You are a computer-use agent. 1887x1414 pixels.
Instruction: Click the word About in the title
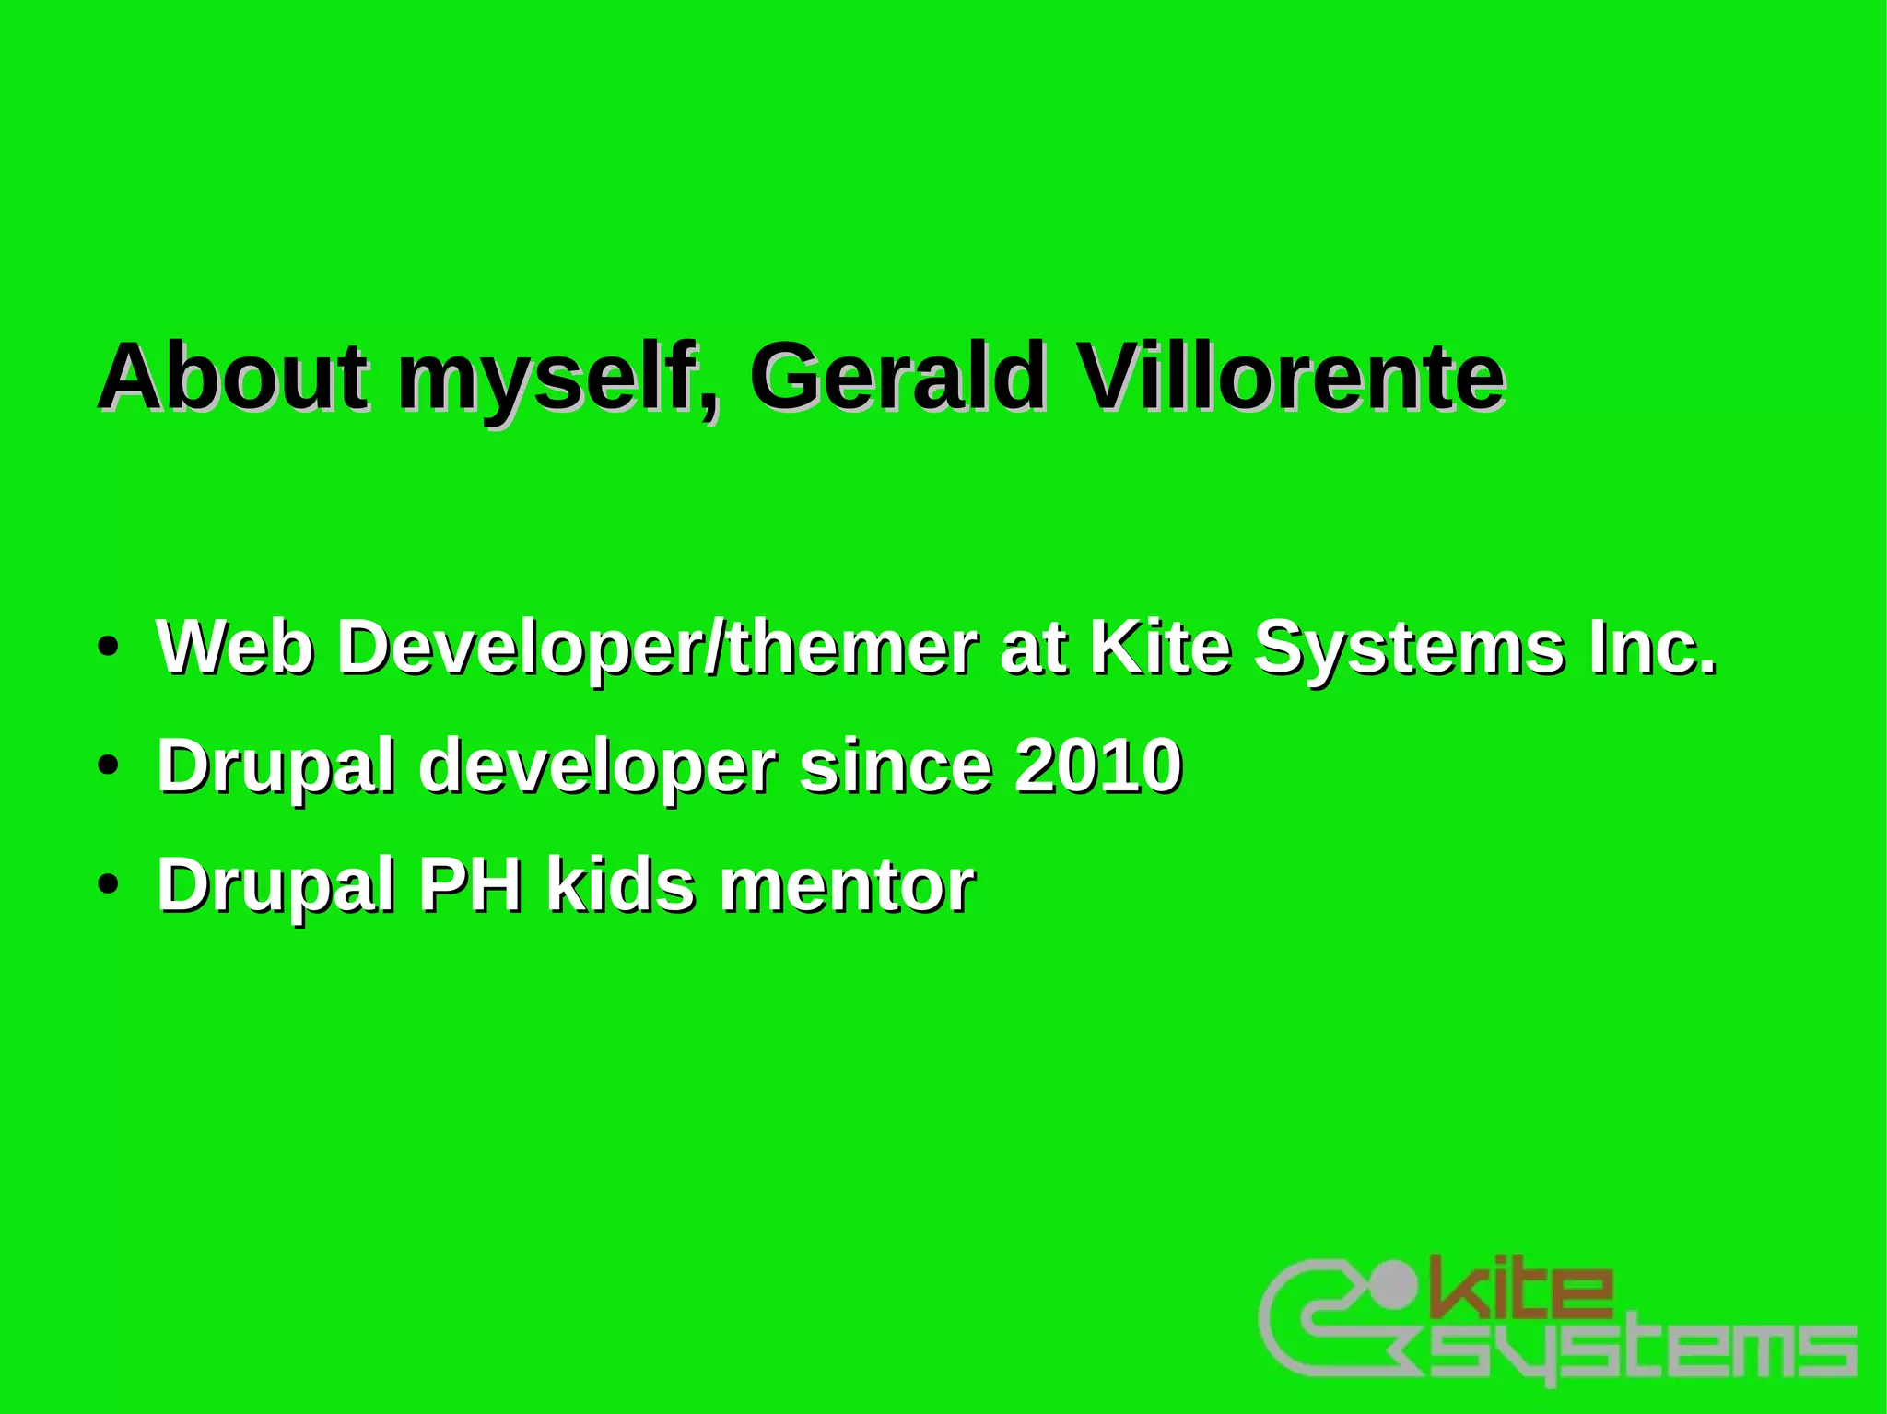tap(233, 378)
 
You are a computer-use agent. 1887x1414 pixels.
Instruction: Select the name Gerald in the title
tap(898, 378)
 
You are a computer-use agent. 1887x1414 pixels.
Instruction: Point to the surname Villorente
tap(1291, 378)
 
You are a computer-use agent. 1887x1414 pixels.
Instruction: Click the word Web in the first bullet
tap(235, 647)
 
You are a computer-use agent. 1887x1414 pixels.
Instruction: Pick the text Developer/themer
tap(657, 649)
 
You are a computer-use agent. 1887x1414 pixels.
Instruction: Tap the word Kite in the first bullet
tap(1160, 647)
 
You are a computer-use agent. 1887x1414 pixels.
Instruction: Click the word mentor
tap(847, 885)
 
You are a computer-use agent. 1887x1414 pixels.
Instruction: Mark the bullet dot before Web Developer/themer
tap(109, 648)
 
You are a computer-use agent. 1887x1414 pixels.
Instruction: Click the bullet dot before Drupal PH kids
tap(109, 884)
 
